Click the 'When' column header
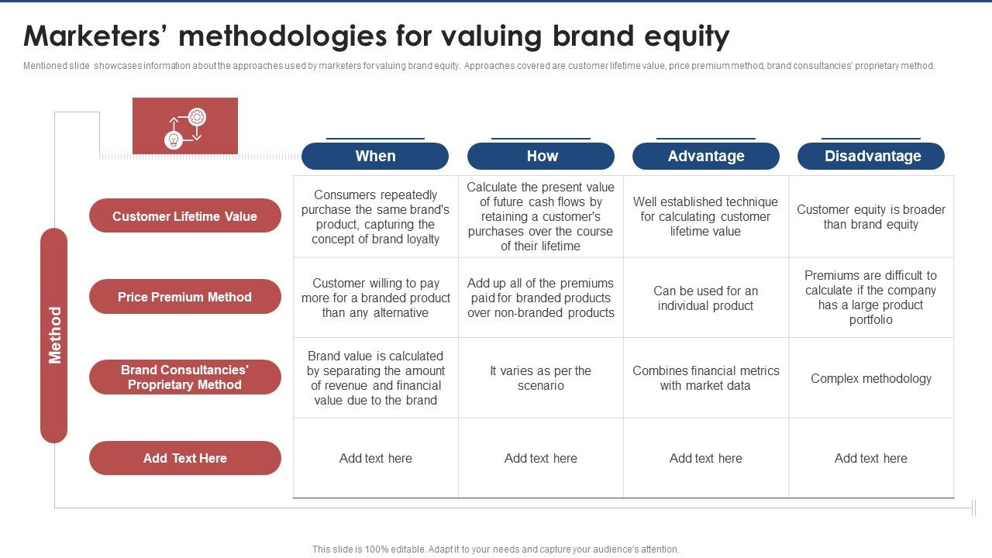[375, 156]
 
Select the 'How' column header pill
[541, 156]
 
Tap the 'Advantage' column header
[706, 156]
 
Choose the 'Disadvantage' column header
[872, 156]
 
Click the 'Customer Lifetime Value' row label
[184, 216]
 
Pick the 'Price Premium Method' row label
[184, 297]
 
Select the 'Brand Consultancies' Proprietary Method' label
[184, 377]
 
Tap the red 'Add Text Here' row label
[184, 458]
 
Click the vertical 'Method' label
[54, 335]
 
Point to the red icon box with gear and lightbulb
[185, 126]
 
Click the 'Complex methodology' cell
[871, 378]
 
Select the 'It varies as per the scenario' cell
[541, 378]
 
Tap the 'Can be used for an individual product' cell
[706, 298]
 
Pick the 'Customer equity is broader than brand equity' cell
[871, 217]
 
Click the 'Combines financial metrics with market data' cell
[706, 378]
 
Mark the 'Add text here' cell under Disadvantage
[871, 458]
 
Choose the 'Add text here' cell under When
[376, 458]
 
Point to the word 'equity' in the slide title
[681, 36]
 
